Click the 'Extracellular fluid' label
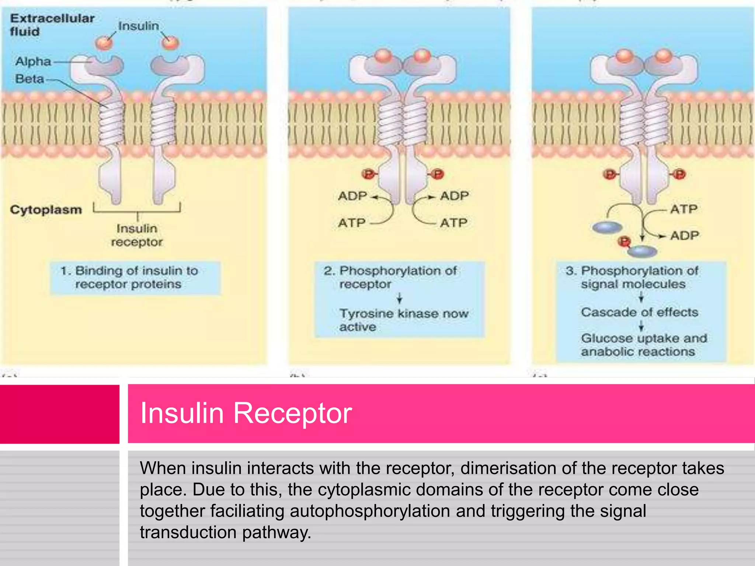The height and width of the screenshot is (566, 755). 52,25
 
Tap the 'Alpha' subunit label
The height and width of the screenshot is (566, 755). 33,61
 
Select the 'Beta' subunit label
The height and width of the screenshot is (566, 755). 29,79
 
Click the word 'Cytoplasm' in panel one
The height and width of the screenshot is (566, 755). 46,210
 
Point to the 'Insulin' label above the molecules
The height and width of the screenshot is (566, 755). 139,26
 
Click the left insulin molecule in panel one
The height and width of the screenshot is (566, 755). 104,43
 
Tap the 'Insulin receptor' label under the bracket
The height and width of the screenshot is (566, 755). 137,235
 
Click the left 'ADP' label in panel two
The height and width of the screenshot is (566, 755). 352,196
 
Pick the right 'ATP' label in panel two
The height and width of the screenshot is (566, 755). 453,223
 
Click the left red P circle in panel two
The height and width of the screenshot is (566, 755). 368,174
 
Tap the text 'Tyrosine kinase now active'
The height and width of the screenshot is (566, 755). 403,320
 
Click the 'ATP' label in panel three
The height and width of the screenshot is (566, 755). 684,209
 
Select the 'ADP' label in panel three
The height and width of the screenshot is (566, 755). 685,235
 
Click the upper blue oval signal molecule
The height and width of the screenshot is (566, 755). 608,227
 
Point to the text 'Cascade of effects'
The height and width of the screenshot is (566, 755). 640,312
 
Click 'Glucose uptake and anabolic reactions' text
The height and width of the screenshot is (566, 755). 644,345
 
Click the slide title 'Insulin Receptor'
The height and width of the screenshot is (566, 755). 246,413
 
